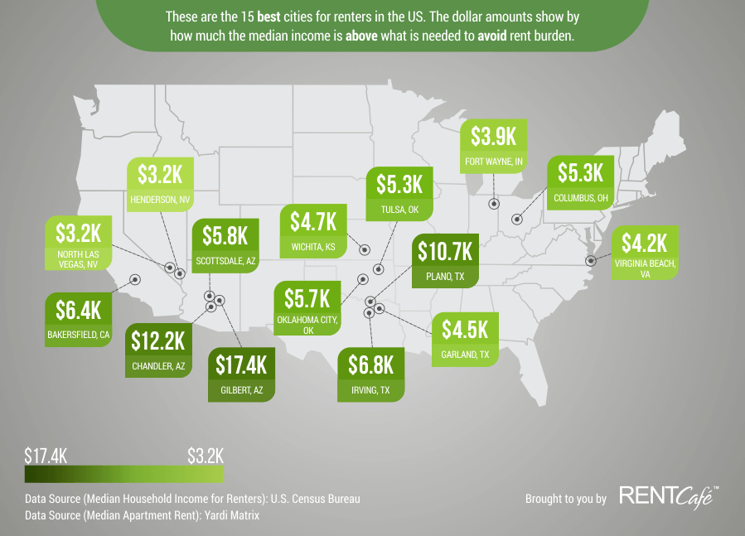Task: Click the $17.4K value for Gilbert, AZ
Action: point(241,364)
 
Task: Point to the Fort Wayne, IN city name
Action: point(494,162)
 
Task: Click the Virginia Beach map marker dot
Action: point(590,260)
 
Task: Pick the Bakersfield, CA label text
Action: point(78,336)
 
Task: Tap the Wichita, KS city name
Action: point(313,247)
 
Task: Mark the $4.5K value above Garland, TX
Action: point(464,329)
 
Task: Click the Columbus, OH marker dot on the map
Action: point(517,220)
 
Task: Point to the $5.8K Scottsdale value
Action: point(225,236)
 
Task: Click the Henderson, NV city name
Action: point(160,199)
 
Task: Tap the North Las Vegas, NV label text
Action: point(78,258)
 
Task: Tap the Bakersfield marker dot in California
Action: point(134,280)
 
